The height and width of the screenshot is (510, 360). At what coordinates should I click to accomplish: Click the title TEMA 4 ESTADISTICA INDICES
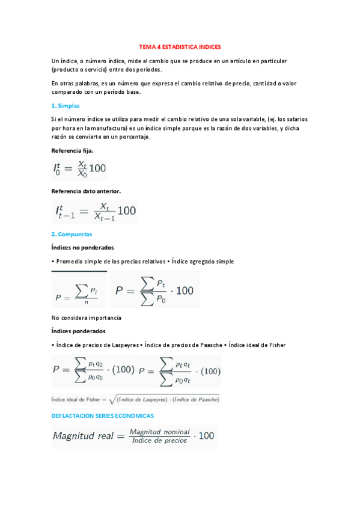click(180, 46)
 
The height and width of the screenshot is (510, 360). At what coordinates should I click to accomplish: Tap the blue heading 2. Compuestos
click(72, 234)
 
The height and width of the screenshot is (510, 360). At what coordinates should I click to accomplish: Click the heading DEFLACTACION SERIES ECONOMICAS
click(103, 416)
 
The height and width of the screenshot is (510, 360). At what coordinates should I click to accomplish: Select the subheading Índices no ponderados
click(83, 247)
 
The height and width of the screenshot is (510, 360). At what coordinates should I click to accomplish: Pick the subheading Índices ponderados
click(78, 331)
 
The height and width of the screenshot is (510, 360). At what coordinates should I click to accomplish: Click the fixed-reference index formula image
click(79, 170)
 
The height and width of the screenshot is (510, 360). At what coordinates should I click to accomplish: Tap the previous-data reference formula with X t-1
click(94, 212)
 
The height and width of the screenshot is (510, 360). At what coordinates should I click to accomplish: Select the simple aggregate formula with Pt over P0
click(154, 290)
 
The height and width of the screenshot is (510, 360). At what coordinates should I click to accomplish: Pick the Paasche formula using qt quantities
click(180, 370)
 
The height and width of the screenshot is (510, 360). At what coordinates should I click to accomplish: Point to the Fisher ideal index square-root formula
click(136, 398)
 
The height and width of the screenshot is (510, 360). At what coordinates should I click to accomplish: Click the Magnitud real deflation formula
click(134, 437)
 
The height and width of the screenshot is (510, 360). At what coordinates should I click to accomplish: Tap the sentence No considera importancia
click(87, 317)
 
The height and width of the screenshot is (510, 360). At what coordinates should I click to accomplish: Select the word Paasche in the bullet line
click(207, 345)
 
